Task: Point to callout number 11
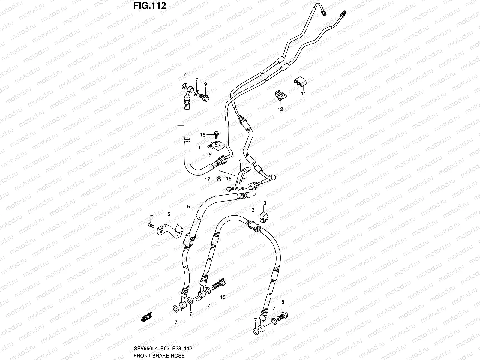pos(303,94)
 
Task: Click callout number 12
pos(280,109)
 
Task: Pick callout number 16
pos(203,135)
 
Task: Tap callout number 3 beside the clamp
pos(199,147)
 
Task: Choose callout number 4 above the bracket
pos(240,160)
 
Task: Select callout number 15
pos(229,178)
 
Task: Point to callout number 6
pos(189,206)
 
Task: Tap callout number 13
pos(263,203)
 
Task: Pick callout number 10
pos(223,297)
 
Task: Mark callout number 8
pos(283,302)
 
